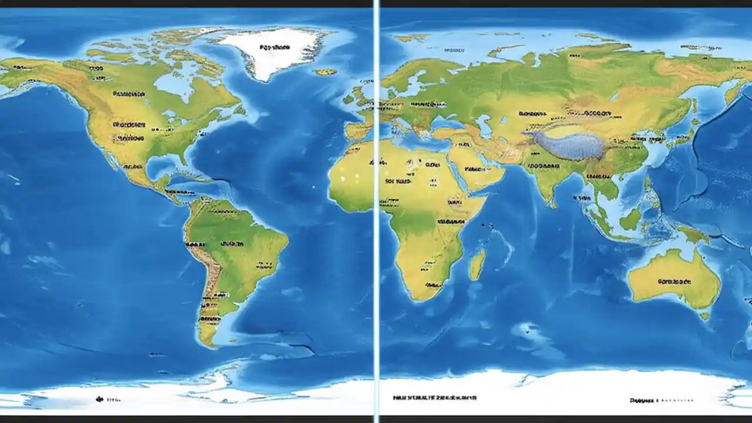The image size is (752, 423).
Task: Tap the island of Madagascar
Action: (477, 264)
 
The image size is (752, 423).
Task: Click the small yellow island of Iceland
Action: (324, 72)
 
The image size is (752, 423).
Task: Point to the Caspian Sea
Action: (484, 125)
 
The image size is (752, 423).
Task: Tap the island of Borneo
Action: (630, 219)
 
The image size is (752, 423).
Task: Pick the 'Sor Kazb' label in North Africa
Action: (398, 182)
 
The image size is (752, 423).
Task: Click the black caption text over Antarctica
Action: (435, 398)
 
